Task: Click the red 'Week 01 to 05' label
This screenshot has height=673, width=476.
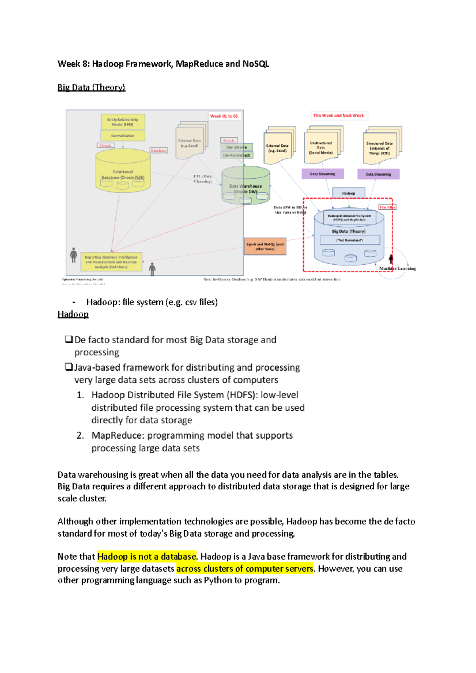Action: coord(224,116)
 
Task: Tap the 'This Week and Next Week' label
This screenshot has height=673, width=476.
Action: coord(338,115)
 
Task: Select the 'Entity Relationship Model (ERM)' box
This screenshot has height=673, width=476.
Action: coord(123,122)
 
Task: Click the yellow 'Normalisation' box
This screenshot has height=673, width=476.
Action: coord(123,136)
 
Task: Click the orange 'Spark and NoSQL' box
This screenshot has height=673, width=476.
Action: coord(265,247)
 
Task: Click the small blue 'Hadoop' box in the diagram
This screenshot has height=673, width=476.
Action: coord(349,193)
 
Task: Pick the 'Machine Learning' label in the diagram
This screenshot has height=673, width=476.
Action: coord(397,269)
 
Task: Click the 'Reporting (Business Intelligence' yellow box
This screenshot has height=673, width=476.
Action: coord(111,262)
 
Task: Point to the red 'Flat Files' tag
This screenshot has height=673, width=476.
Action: coord(387,207)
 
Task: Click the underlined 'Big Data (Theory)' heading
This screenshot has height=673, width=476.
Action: coord(91,88)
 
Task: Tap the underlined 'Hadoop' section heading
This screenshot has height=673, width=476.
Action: coord(73,314)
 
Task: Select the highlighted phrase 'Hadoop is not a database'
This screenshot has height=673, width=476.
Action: coord(147,556)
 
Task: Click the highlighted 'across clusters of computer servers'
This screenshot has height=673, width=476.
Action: coord(245,569)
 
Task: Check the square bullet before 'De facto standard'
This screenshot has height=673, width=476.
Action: coord(69,340)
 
